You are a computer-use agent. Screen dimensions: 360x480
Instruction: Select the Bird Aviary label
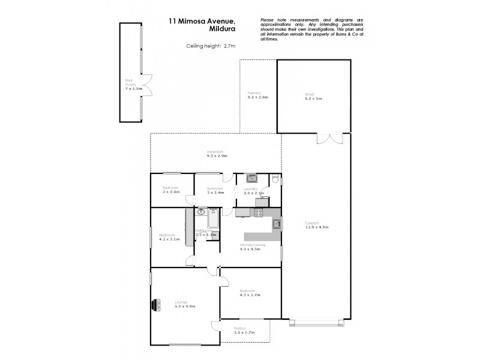(x=130, y=84)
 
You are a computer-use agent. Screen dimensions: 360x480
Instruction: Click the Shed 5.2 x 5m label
(x=313, y=96)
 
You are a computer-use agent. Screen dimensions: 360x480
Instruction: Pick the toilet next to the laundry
(x=274, y=179)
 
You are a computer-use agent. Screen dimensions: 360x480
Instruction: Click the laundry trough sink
(x=252, y=178)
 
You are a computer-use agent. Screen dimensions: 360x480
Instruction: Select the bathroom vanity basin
(x=202, y=211)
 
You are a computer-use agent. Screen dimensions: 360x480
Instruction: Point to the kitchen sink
(x=276, y=224)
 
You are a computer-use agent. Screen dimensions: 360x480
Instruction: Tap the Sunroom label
(x=215, y=191)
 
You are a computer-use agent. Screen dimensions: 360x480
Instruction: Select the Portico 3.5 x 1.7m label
(x=245, y=330)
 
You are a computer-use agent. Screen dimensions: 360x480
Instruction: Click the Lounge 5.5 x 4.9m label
(x=185, y=304)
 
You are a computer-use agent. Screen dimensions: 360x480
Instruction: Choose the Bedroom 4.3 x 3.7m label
(x=250, y=293)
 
